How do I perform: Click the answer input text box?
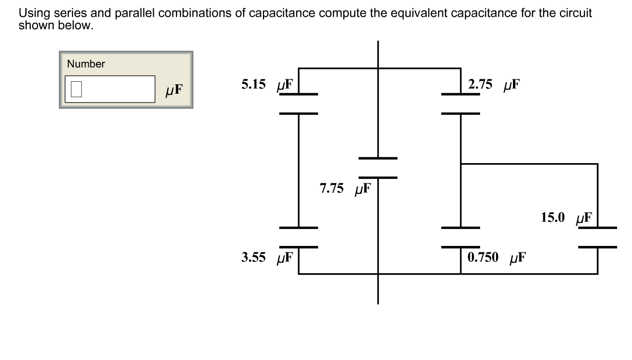point(110,89)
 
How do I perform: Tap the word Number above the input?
point(86,64)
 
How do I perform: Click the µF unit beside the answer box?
point(174,90)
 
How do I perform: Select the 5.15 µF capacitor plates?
point(299,104)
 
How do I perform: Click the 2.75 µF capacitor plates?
point(461,104)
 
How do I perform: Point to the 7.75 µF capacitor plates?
point(378,168)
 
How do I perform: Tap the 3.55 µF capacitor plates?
point(299,238)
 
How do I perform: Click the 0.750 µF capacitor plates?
point(461,238)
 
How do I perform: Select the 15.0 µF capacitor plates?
point(597,238)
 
